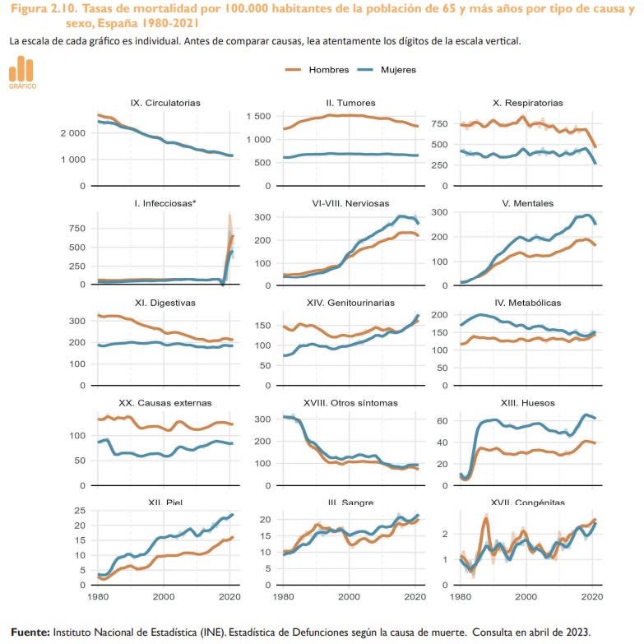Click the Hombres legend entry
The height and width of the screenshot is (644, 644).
pyautogui.click(x=317, y=70)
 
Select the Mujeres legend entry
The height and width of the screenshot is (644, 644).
pyautogui.click(x=387, y=70)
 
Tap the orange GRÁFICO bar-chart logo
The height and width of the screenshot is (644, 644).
pyautogui.click(x=22, y=72)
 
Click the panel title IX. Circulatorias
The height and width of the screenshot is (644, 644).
pyautogui.click(x=165, y=103)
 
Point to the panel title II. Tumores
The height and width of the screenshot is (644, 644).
pyautogui.click(x=350, y=103)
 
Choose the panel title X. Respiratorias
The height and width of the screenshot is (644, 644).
pyautogui.click(x=527, y=103)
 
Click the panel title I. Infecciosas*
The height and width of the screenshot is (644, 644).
pyautogui.click(x=165, y=203)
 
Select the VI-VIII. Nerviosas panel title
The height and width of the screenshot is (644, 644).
pyautogui.click(x=350, y=203)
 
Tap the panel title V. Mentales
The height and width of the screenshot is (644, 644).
pyautogui.click(x=527, y=203)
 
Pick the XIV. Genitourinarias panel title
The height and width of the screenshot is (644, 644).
pyautogui.click(x=350, y=303)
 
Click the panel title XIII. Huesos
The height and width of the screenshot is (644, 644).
pyautogui.click(x=527, y=403)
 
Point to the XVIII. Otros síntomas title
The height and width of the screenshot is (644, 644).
pyautogui.click(x=350, y=403)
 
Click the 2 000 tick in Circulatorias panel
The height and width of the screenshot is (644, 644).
pyautogui.click(x=73, y=133)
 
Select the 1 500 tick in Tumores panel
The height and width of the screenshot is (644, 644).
pyautogui.click(x=258, y=116)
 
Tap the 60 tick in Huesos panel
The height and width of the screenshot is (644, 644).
pyautogui.click(x=442, y=420)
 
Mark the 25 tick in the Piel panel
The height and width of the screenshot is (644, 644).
pyautogui.click(x=80, y=511)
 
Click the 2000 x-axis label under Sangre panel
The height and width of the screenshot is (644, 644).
pyautogui.click(x=349, y=597)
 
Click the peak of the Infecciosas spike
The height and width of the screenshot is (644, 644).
pyautogui.click(x=230, y=214)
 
